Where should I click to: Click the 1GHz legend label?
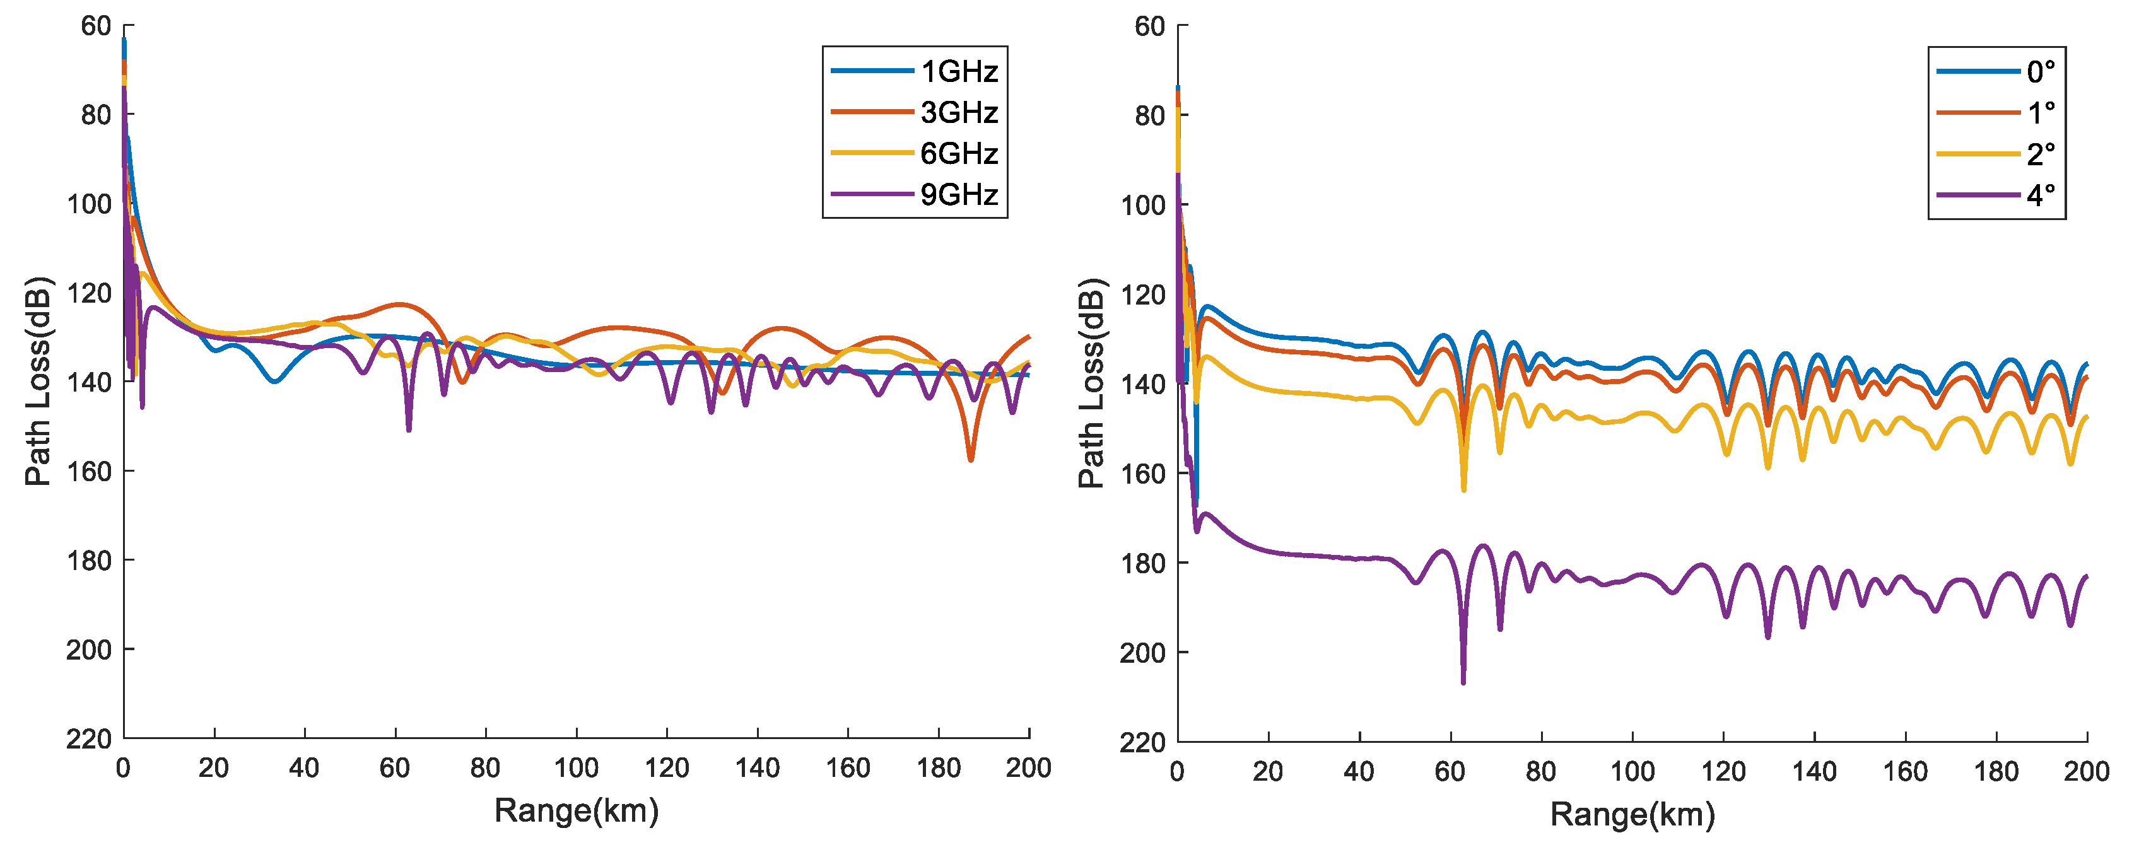[x=959, y=71]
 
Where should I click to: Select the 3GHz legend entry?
[x=959, y=112]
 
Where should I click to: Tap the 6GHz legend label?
[x=959, y=154]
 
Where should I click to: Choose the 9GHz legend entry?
[x=959, y=194]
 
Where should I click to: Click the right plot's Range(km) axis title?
[x=1632, y=815]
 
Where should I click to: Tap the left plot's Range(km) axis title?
[x=577, y=810]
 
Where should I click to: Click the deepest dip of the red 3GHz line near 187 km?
[x=971, y=459]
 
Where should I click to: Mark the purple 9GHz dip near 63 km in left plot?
[x=409, y=429]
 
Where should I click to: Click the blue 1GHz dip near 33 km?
[x=274, y=381]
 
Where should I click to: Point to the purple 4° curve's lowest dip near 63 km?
[x=1463, y=682]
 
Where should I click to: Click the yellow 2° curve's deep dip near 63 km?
[x=1463, y=490]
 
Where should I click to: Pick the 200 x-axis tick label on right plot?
[x=2086, y=771]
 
